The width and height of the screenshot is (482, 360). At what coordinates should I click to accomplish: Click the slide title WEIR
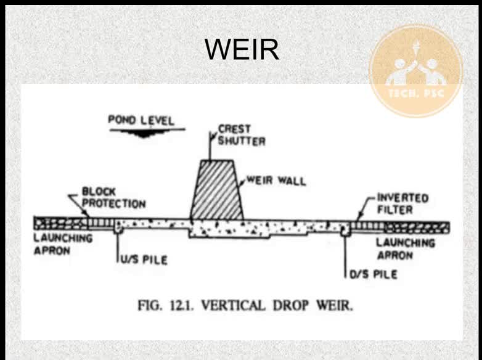pos(242,49)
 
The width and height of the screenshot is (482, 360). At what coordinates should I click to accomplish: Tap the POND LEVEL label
pos(141,120)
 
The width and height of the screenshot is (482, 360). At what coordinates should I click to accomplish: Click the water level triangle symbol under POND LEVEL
pos(143,133)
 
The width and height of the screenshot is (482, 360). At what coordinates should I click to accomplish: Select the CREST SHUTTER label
pos(241,135)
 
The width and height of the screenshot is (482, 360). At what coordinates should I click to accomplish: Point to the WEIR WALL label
pos(276,181)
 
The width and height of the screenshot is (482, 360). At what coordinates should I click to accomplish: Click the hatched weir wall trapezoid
pos(217,190)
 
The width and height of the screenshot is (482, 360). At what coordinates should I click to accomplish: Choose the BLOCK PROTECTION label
pos(113,198)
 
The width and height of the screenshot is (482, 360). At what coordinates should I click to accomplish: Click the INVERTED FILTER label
pos(402,203)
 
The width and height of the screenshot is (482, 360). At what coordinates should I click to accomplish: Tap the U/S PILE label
pos(144,260)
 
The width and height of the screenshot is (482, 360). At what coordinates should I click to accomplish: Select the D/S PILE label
pos(374,274)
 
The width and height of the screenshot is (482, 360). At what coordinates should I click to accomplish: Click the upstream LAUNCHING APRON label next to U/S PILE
pos(63,244)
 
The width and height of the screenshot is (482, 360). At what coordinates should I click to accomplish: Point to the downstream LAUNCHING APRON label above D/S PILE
pos(406,249)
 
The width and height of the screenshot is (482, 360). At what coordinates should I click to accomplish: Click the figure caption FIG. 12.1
pos(166,306)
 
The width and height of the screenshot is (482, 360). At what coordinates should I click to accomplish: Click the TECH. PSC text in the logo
pos(416,93)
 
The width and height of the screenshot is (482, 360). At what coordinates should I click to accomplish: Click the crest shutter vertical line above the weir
pos(210,146)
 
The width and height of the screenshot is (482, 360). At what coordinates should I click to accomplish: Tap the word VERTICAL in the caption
pos(234,306)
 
